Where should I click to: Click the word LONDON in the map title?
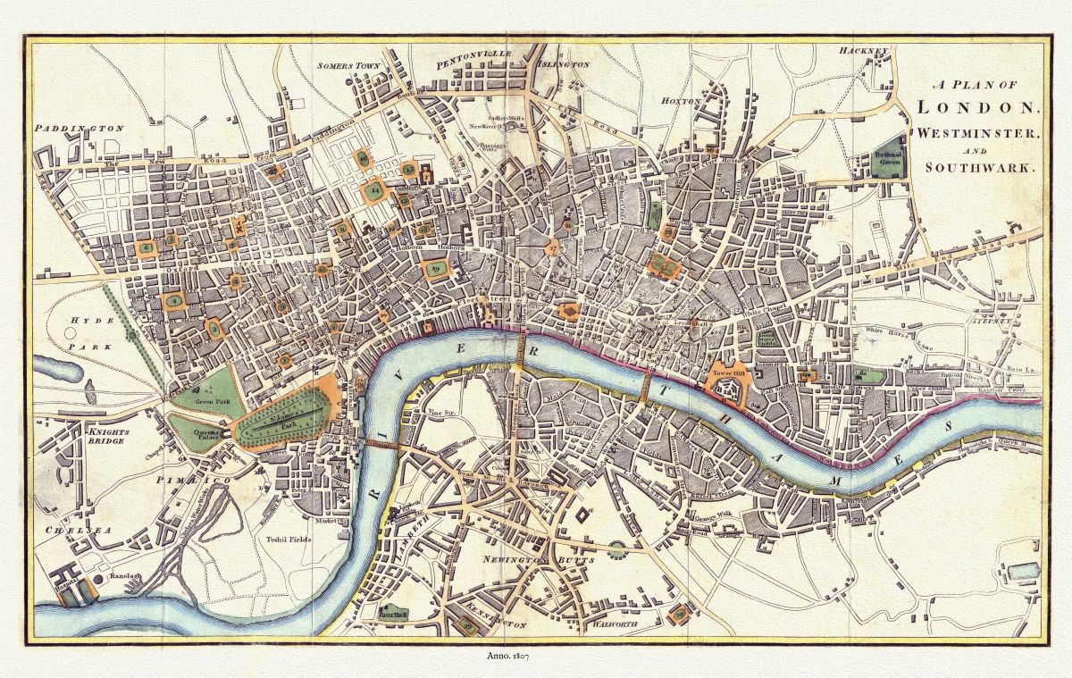pyautogui.click(x=978, y=107)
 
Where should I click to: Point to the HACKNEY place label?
pyautogui.click(x=865, y=52)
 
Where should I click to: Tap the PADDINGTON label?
pyautogui.click(x=78, y=129)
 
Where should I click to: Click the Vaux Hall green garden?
pyautogui.click(x=392, y=614)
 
